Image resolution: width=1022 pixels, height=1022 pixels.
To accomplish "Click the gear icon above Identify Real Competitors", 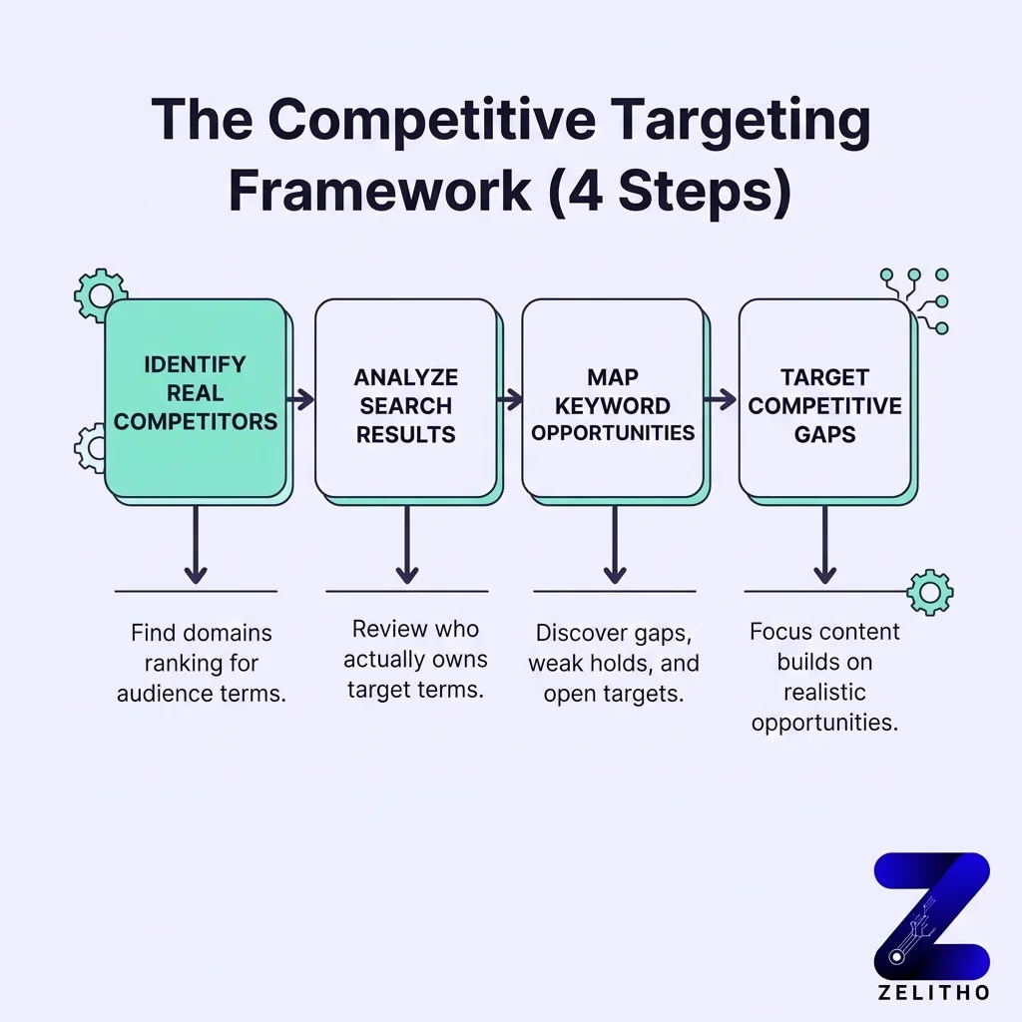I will coord(101,293).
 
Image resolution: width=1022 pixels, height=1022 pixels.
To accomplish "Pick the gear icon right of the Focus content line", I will coord(929,592).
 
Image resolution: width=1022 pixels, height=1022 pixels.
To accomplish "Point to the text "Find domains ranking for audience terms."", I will coord(201,664).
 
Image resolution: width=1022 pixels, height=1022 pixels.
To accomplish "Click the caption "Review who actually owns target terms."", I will coord(415,659).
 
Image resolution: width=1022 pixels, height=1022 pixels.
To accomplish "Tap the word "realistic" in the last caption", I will coord(824,693).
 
